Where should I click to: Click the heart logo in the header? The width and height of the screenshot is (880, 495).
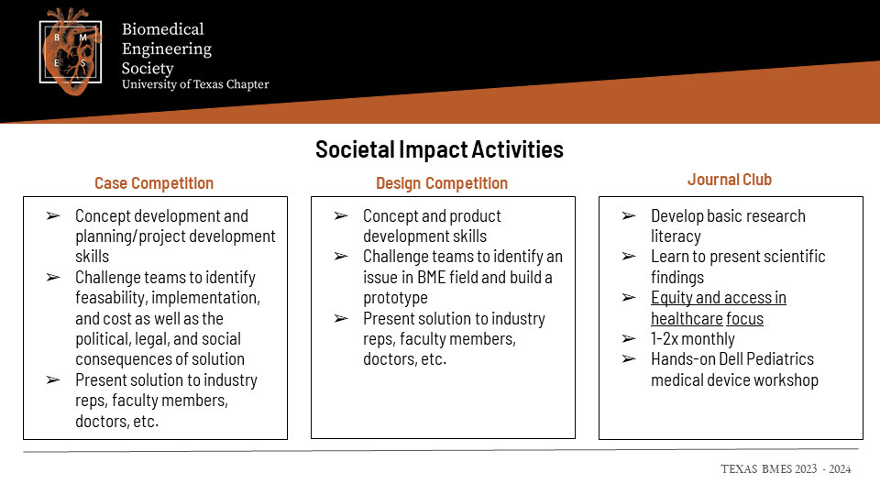[71, 51]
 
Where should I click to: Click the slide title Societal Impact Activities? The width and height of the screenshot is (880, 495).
[439, 149]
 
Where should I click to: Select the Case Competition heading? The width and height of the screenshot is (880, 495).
[154, 183]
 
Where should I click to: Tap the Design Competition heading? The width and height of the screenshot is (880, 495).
[442, 183]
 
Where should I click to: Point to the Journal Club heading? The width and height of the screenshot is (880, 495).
[730, 180]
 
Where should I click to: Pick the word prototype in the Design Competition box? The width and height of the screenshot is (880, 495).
[395, 298]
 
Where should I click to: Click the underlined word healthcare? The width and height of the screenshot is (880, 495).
[687, 319]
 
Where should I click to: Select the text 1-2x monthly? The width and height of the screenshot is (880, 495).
[693, 339]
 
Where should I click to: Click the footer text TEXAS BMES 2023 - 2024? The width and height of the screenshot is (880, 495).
[786, 469]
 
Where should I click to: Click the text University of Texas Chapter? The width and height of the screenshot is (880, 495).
[195, 84]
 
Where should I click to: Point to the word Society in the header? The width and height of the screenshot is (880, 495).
[148, 69]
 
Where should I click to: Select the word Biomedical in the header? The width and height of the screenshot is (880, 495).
[163, 29]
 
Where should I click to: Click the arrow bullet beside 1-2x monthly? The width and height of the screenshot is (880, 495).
[629, 339]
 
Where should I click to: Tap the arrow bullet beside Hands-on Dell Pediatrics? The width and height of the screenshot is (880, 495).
[629, 359]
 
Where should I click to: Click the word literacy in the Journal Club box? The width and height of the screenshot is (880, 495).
[676, 236]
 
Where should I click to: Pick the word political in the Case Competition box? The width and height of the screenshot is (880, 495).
[102, 339]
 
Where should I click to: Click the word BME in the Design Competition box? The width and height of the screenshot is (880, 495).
[431, 277]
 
